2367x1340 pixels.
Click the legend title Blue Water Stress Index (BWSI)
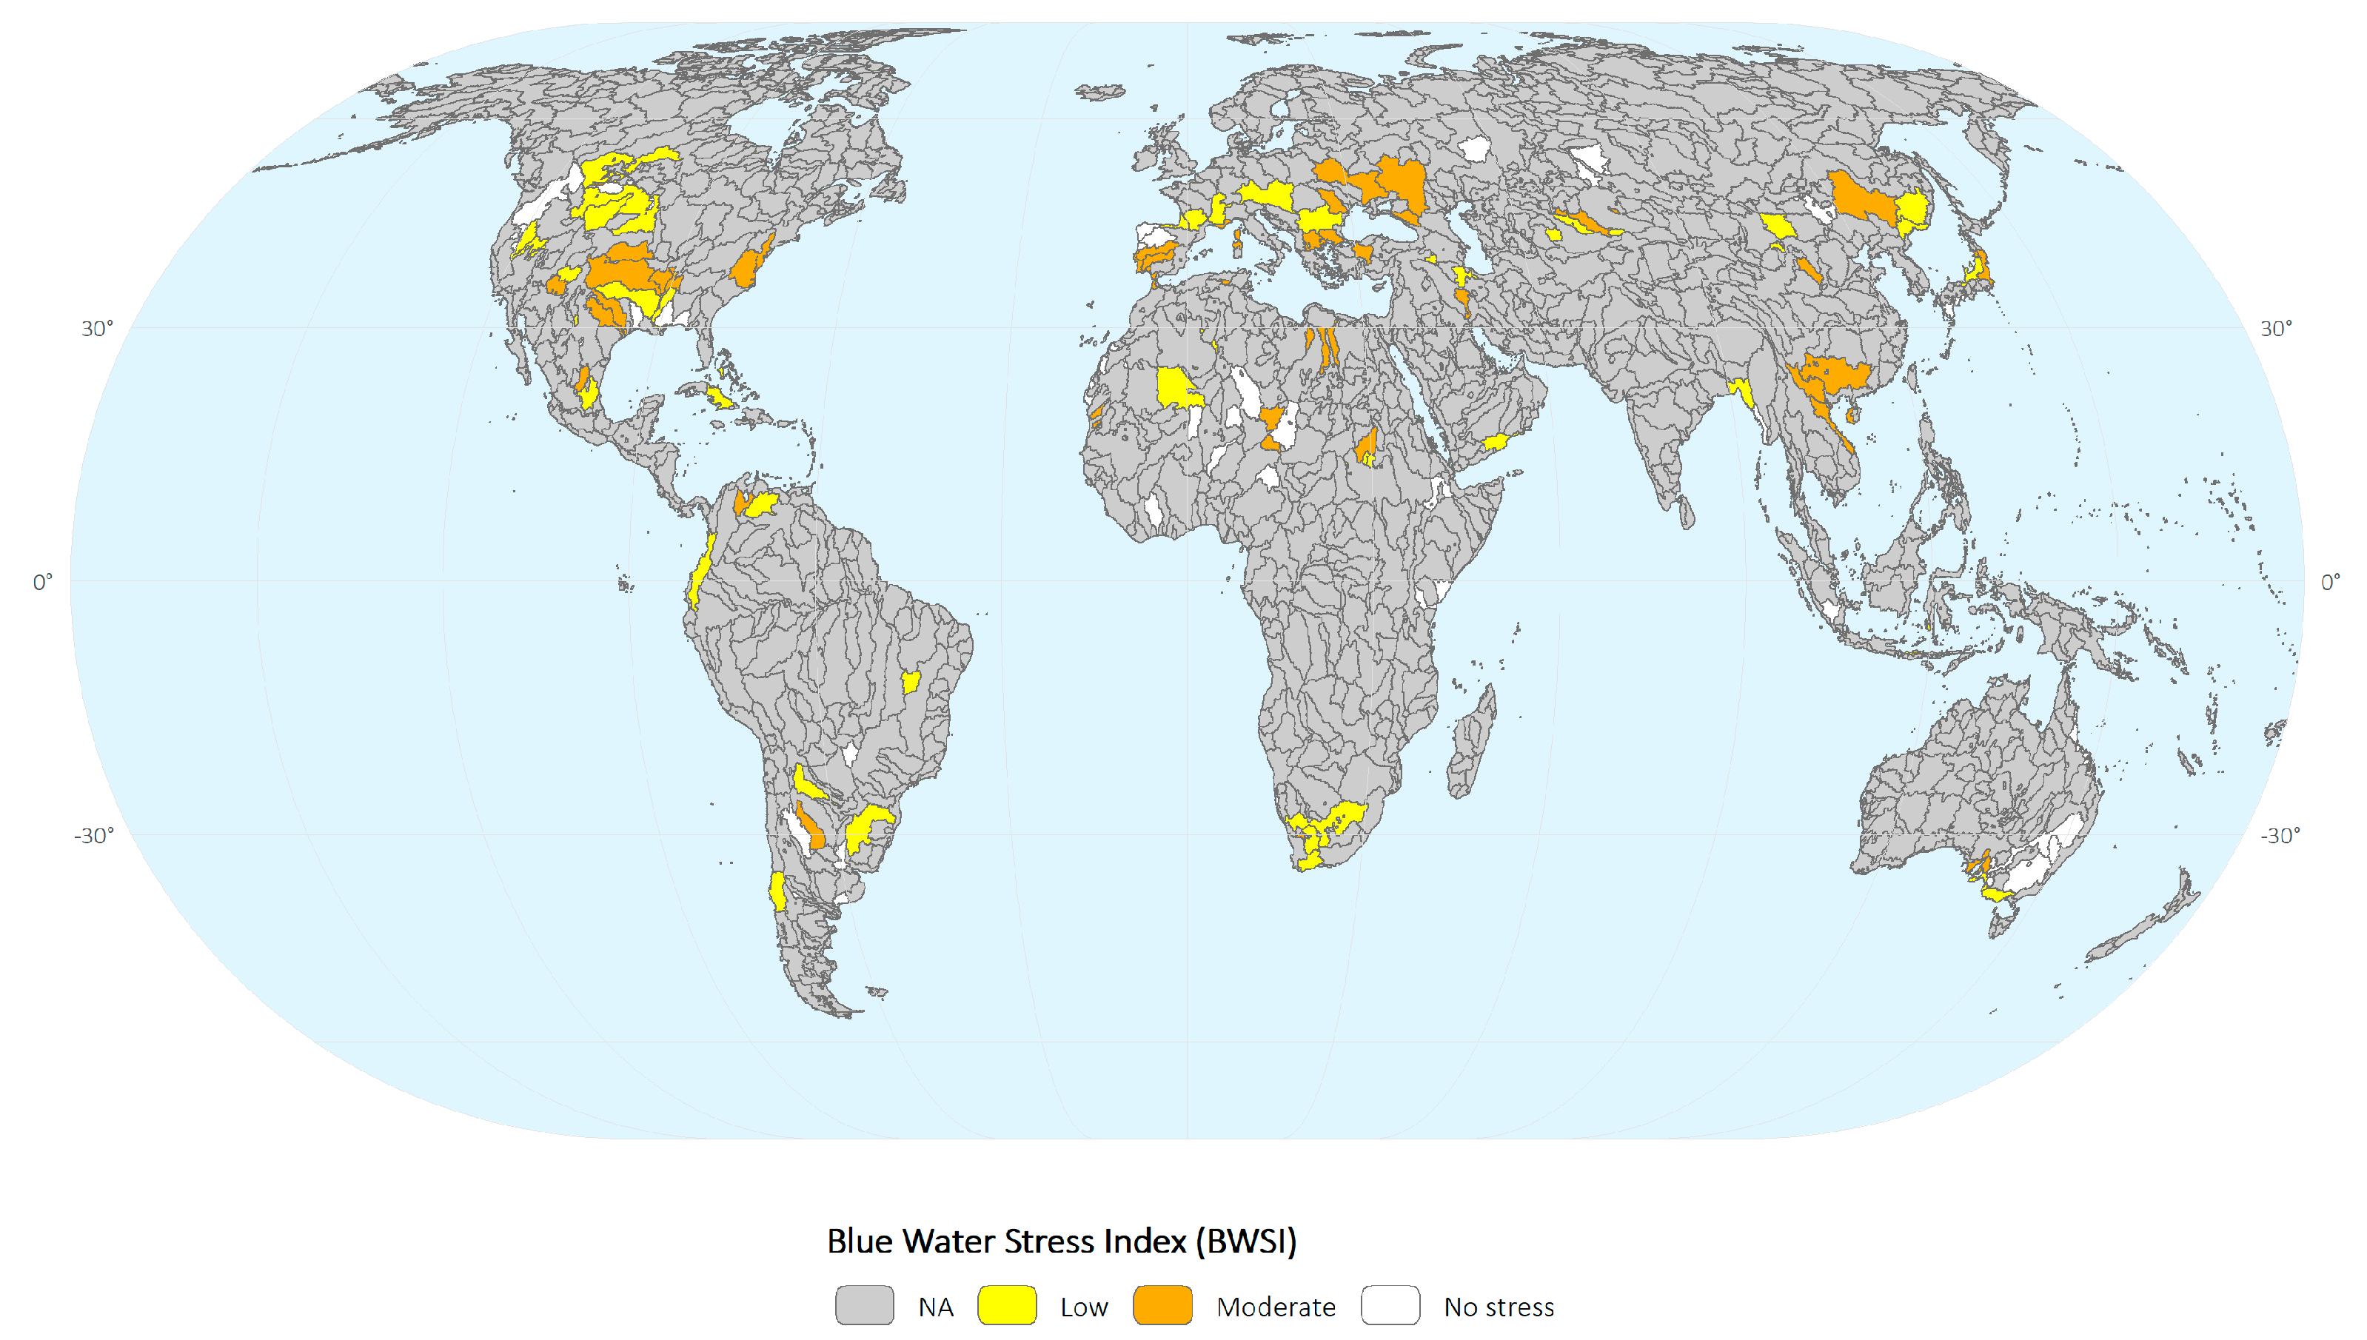1061,1241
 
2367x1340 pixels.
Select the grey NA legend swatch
864,1305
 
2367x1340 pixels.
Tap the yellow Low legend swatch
1007,1305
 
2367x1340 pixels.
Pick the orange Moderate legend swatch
1162,1305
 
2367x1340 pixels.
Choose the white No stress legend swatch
1390,1305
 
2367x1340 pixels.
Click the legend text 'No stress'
1499,1307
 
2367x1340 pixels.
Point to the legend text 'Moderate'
1276,1307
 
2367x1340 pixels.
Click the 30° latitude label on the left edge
97,329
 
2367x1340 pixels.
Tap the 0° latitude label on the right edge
2330,582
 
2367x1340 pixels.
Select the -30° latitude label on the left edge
94,835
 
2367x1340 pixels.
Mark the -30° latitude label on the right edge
2280,835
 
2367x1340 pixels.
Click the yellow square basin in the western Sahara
1176,389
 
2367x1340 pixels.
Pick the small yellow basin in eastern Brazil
910,682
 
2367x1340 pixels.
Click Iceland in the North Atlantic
1099,92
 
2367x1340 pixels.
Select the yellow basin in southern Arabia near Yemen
1495,443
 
